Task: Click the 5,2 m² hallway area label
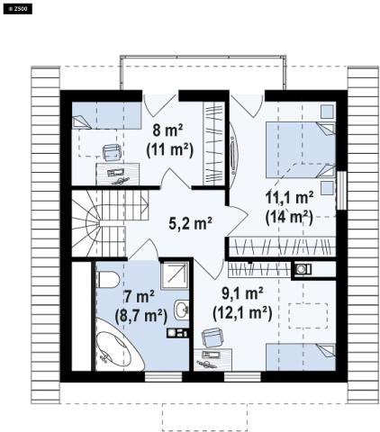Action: pyautogui.click(x=190, y=223)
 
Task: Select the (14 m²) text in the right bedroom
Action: pyautogui.click(x=289, y=217)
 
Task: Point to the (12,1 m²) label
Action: pyautogui.click(x=242, y=313)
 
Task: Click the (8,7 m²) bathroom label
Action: pyautogui.click(x=141, y=316)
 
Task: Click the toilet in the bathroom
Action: pyautogui.click(x=107, y=280)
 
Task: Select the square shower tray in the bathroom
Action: pyautogui.click(x=175, y=275)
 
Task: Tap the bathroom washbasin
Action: pyautogui.click(x=182, y=309)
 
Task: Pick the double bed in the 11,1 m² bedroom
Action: pyautogui.click(x=300, y=150)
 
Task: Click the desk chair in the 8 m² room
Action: pyautogui.click(x=112, y=152)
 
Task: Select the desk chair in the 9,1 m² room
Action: pyautogui.click(x=213, y=337)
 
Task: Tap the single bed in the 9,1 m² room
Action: pyautogui.click(x=301, y=357)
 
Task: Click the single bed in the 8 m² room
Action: pyautogui.click(x=106, y=116)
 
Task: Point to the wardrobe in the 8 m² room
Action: pyautogui.click(x=214, y=143)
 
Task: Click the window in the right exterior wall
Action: pyautogui.click(x=341, y=191)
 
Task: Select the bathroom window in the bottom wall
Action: pyautogui.click(x=163, y=377)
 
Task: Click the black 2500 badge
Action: pyautogui.click(x=18, y=9)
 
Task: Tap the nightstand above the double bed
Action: pyautogui.click(x=328, y=112)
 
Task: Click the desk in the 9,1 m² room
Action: pyautogui.click(x=213, y=359)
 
